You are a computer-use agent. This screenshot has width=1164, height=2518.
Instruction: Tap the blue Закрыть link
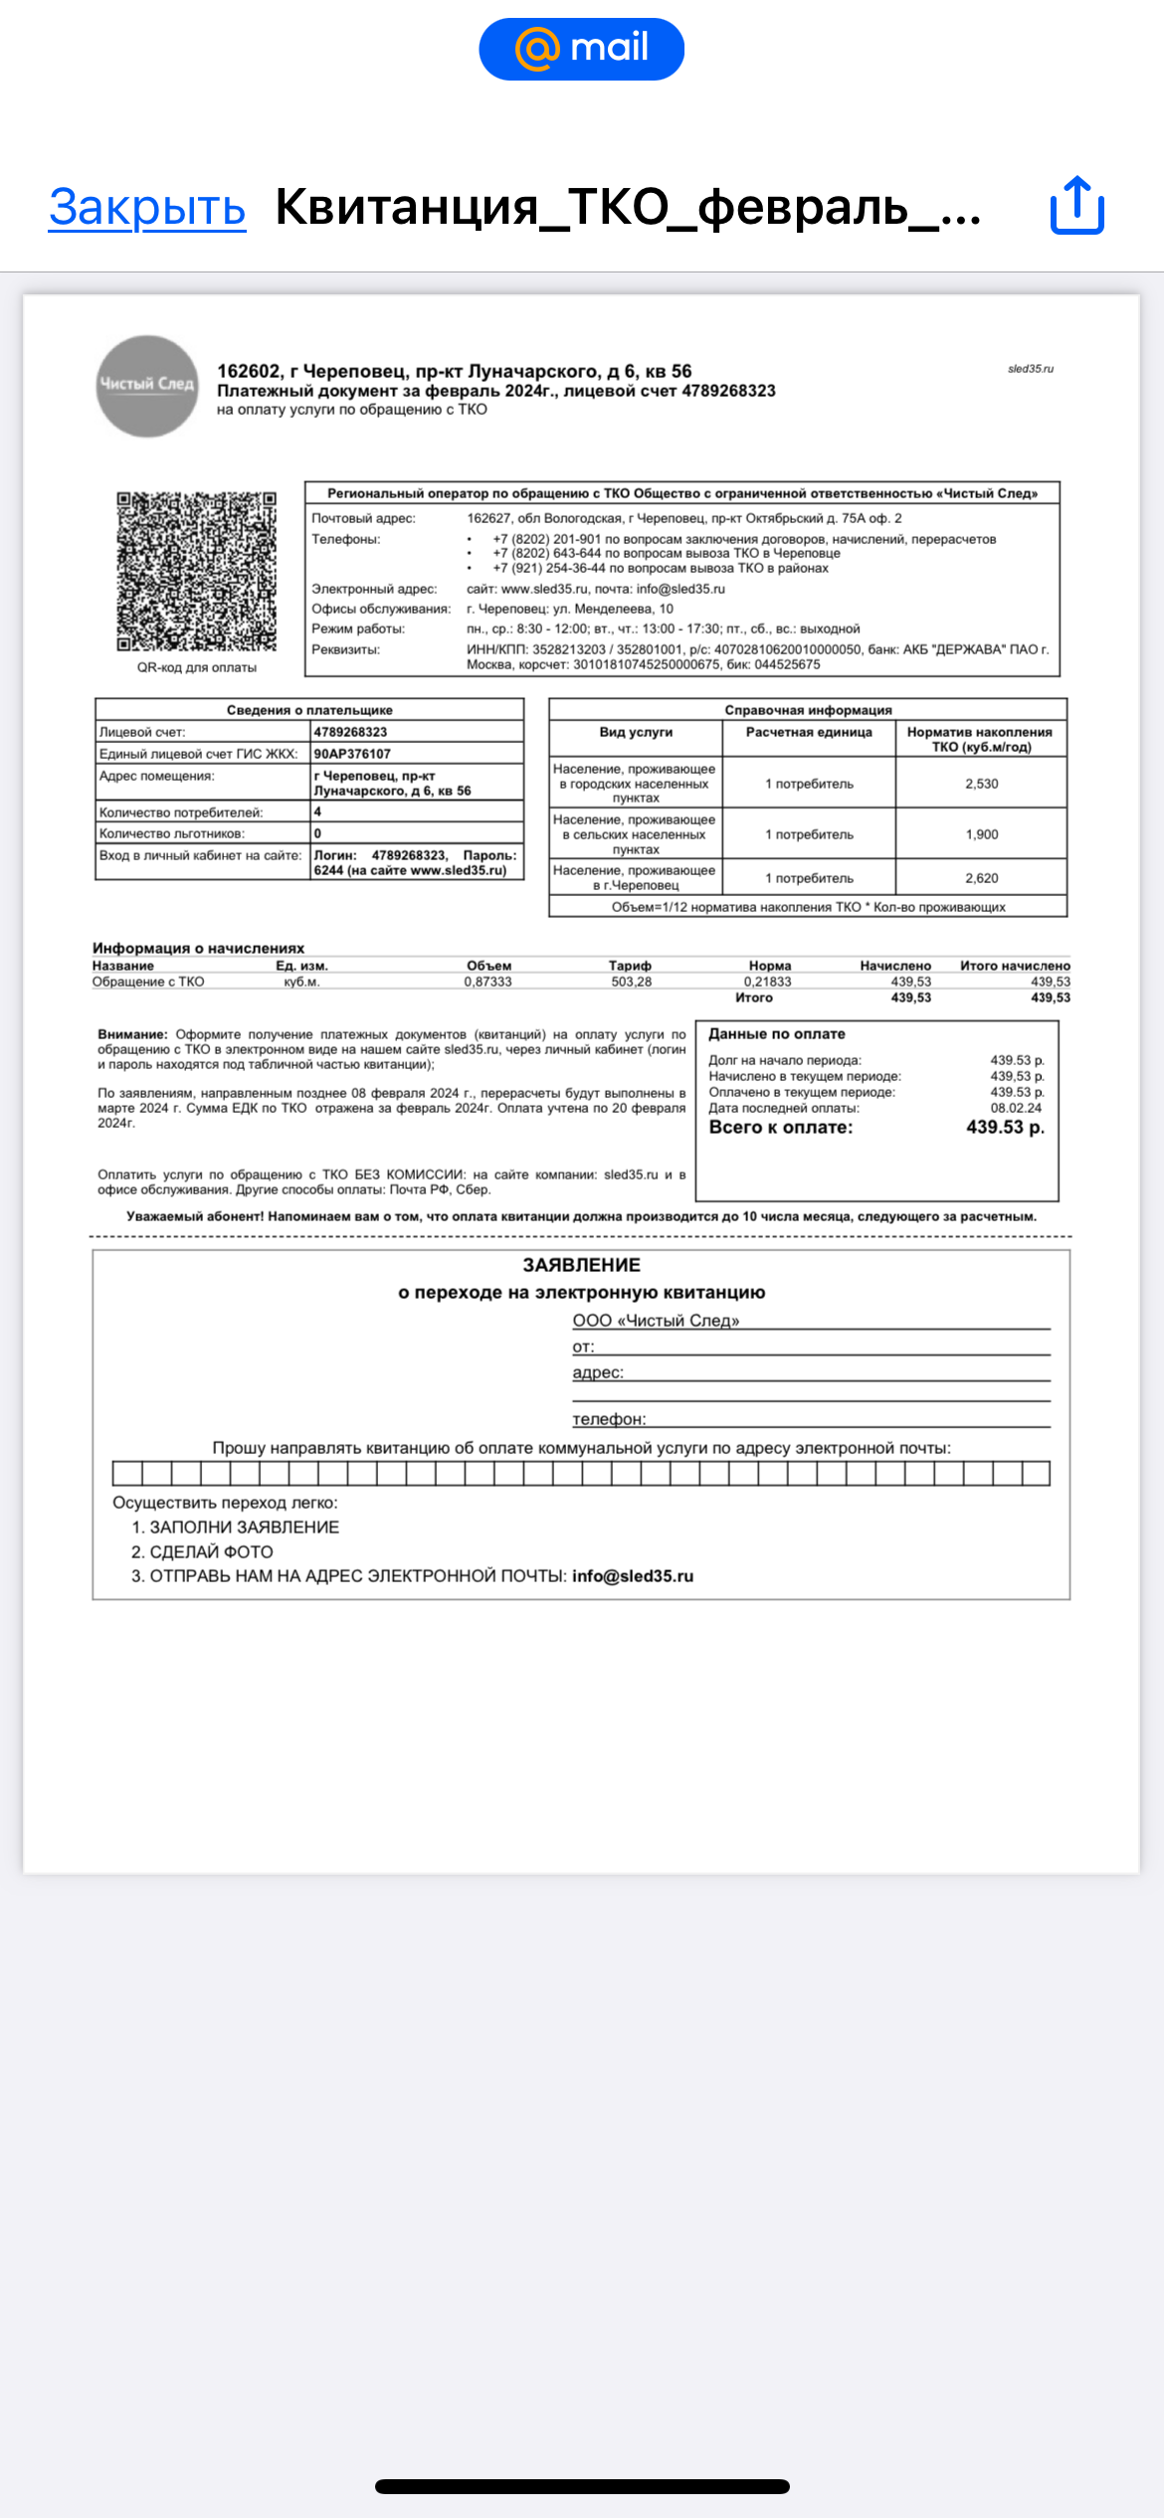click(x=147, y=207)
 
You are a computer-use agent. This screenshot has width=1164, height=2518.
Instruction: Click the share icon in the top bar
click(x=1076, y=206)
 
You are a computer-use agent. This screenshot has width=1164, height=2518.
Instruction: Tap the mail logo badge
click(x=581, y=49)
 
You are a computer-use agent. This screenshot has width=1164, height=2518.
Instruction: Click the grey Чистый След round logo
click(x=147, y=385)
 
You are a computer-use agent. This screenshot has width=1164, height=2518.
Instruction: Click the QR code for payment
click(x=196, y=571)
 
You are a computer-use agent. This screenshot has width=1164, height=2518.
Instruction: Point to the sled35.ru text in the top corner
click(x=1030, y=369)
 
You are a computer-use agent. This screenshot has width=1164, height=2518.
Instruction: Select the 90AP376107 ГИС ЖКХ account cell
click(x=353, y=754)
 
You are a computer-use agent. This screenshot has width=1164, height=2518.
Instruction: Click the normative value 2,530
click(x=981, y=784)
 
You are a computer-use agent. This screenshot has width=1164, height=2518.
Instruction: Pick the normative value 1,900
click(x=981, y=834)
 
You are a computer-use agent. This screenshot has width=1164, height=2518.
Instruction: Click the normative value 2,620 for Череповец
click(x=981, y=878)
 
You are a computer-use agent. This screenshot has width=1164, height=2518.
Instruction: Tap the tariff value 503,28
click(x=631, y=982)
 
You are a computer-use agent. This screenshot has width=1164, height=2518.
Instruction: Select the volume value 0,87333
click(x=487, y=982)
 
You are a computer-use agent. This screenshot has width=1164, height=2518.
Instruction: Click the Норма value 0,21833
click(x=767, y=982)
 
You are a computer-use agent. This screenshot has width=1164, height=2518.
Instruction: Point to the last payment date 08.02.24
click(x=1016, y=1108)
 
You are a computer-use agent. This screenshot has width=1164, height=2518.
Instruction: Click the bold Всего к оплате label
click(x=780, y=1128)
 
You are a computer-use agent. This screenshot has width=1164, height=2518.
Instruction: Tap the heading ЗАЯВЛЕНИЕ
click(x=581, y=1265)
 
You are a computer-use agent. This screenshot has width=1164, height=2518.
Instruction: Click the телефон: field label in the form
click(x=609, y=1419)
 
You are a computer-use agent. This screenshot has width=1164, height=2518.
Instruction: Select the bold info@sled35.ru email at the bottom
click(x=633, y=1576)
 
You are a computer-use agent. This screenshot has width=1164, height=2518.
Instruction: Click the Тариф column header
click(x=630, y=966)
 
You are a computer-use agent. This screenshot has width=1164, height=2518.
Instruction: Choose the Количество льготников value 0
click(x=318, y=833)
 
